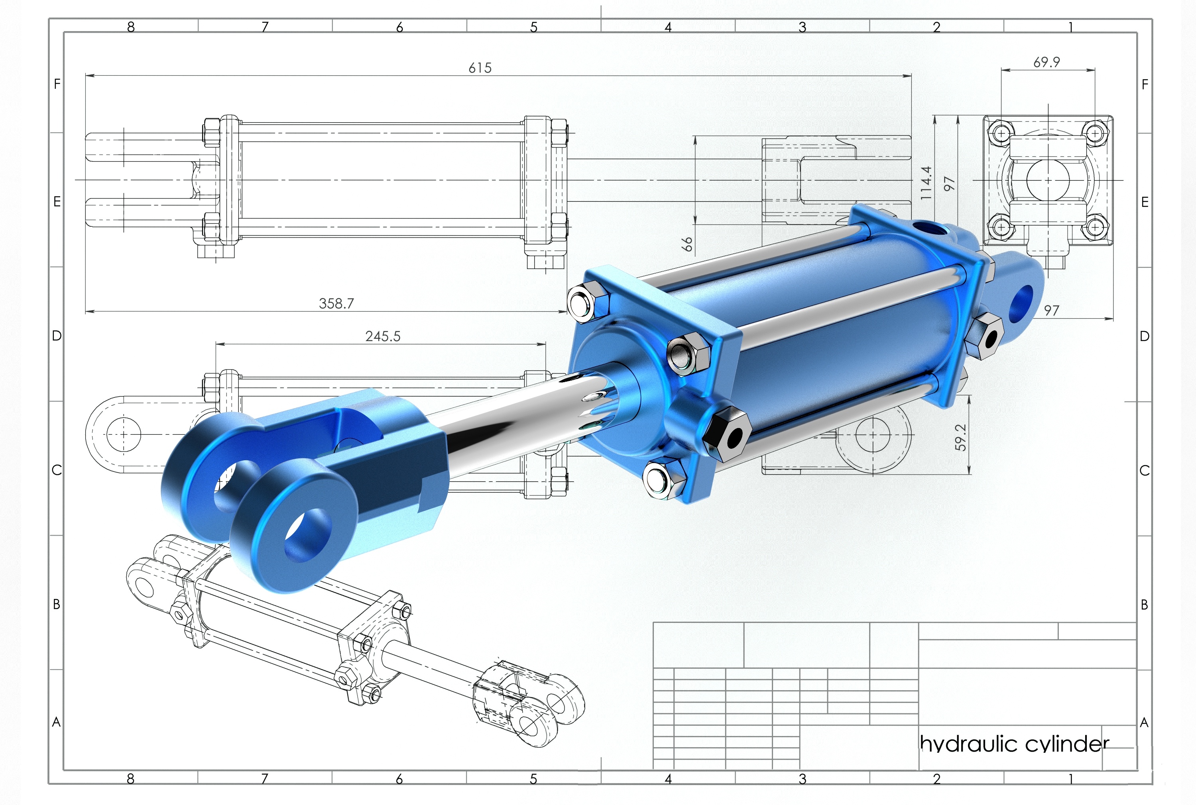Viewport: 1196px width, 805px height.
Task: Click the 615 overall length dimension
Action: (x=480, y=68)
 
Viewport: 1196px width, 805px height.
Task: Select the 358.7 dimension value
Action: (x=336, y=303)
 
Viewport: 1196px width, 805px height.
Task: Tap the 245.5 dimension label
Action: (x=383, y=336)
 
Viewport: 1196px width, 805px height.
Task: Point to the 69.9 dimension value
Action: (x=1046, y=62)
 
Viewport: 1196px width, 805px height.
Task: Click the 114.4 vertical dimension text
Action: (x=925, y=183)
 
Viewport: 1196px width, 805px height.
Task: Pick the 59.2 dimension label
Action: (x=960, y=438)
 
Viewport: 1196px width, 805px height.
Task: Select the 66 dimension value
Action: (x=687, y=244)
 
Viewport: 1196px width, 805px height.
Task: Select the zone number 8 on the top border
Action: (x=131, y=27)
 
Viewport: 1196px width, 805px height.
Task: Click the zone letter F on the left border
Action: (x=57, y=84)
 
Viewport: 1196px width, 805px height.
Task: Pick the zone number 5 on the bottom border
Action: (x=533, y=779)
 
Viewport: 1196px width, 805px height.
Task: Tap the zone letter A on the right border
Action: (x=1144, y=723)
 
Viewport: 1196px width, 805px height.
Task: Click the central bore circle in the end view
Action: (x=1048, y=180)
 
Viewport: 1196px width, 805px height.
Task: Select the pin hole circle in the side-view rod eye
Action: (x=123, y=434)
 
